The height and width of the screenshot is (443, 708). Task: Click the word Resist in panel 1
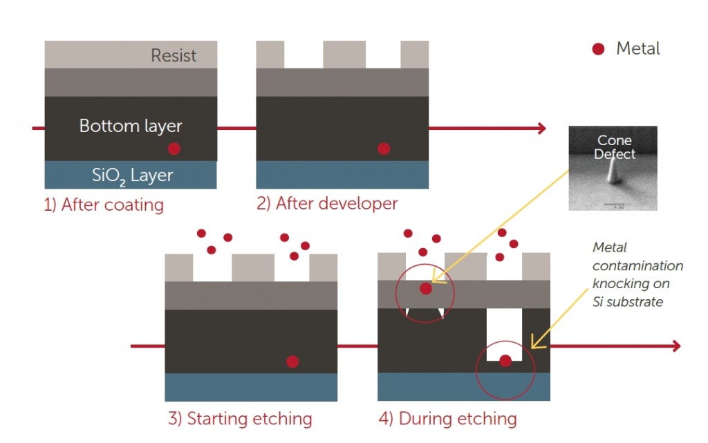coord(174,55)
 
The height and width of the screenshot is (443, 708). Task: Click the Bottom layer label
coord(131,126)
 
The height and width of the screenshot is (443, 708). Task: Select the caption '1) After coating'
coord(104,205)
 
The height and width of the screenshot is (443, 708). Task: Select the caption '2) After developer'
coord(327,203)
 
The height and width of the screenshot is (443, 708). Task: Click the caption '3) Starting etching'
coord(240,418)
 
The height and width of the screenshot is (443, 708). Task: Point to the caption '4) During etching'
coord(447,418)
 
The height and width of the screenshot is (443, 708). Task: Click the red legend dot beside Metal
coord(599,48)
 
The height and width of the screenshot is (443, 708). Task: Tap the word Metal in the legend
coord(637,48)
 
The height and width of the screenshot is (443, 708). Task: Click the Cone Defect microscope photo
coord(613,168)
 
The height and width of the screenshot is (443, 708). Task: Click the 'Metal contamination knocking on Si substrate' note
coord(637,274)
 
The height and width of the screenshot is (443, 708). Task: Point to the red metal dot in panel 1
coord(174,149)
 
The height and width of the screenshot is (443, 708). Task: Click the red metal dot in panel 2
coord(384,149)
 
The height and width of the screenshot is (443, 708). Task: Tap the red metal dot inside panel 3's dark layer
coord(292,361)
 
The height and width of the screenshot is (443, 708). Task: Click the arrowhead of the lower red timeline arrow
coord(676,346)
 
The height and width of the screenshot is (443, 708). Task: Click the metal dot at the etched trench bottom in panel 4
coord(505,360)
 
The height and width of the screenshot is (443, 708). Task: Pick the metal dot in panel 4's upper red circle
coord(426,288)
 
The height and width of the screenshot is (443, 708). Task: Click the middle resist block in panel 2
coord(344,55)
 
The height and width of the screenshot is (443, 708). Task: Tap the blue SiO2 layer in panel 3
coord(251,387)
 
